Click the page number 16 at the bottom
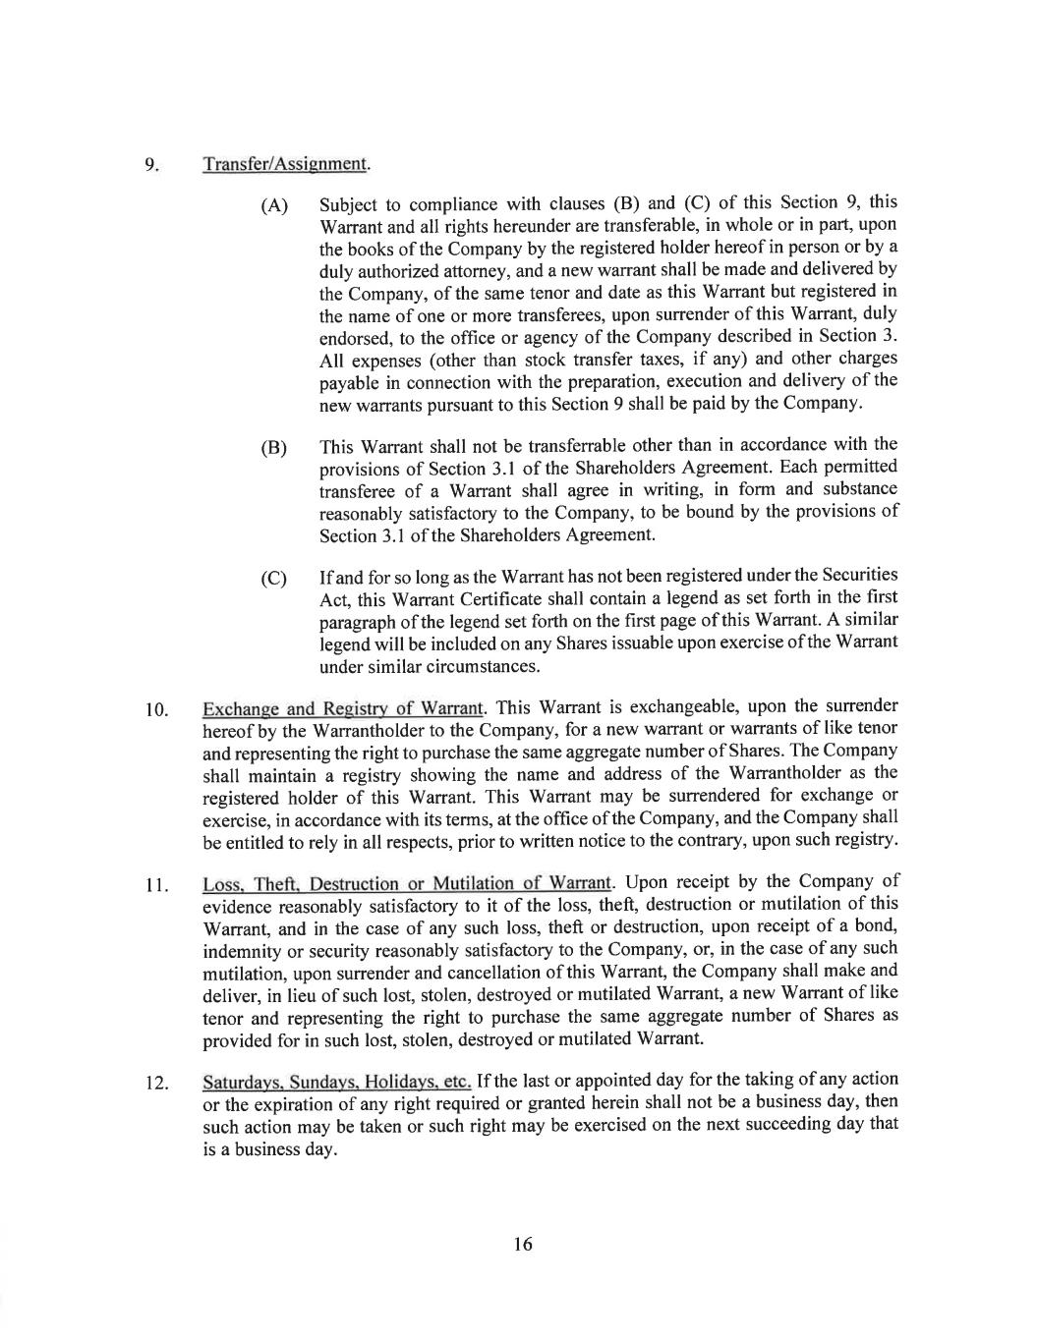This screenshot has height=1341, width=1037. [522, 1244]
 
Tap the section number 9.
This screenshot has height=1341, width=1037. [151, 164]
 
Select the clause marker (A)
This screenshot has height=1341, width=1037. [274, 206]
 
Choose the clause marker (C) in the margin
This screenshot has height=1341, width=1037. [274, 578]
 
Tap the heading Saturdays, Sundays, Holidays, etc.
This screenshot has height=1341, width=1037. [337, 1082]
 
